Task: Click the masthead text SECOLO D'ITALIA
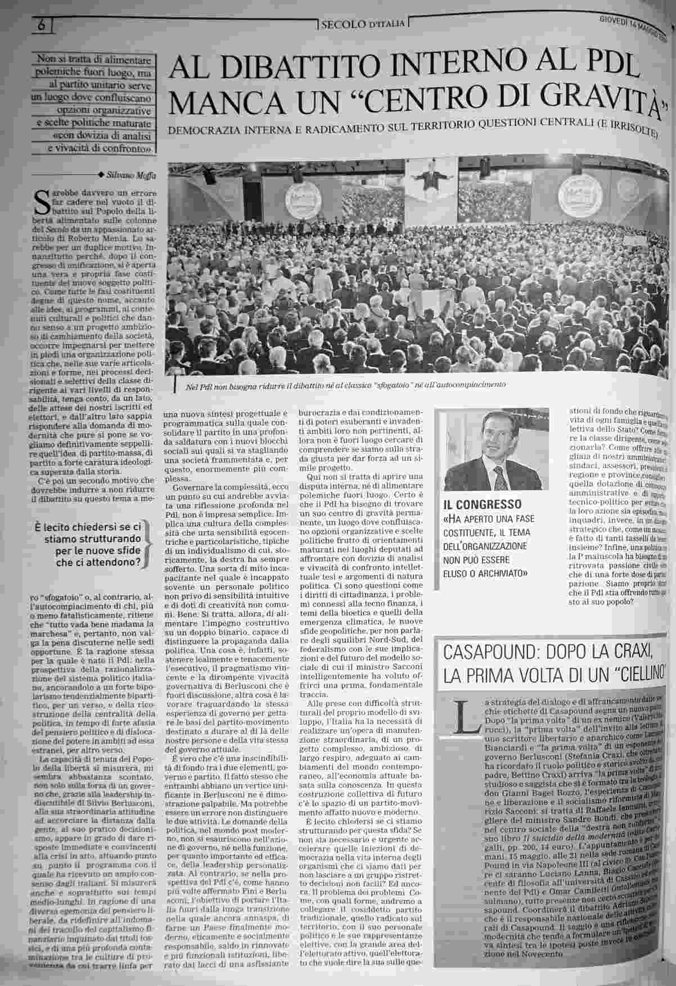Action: pyautogui.click(x=363, y=24)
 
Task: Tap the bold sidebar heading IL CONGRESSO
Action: pyautogui.click(x=483, y=503)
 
